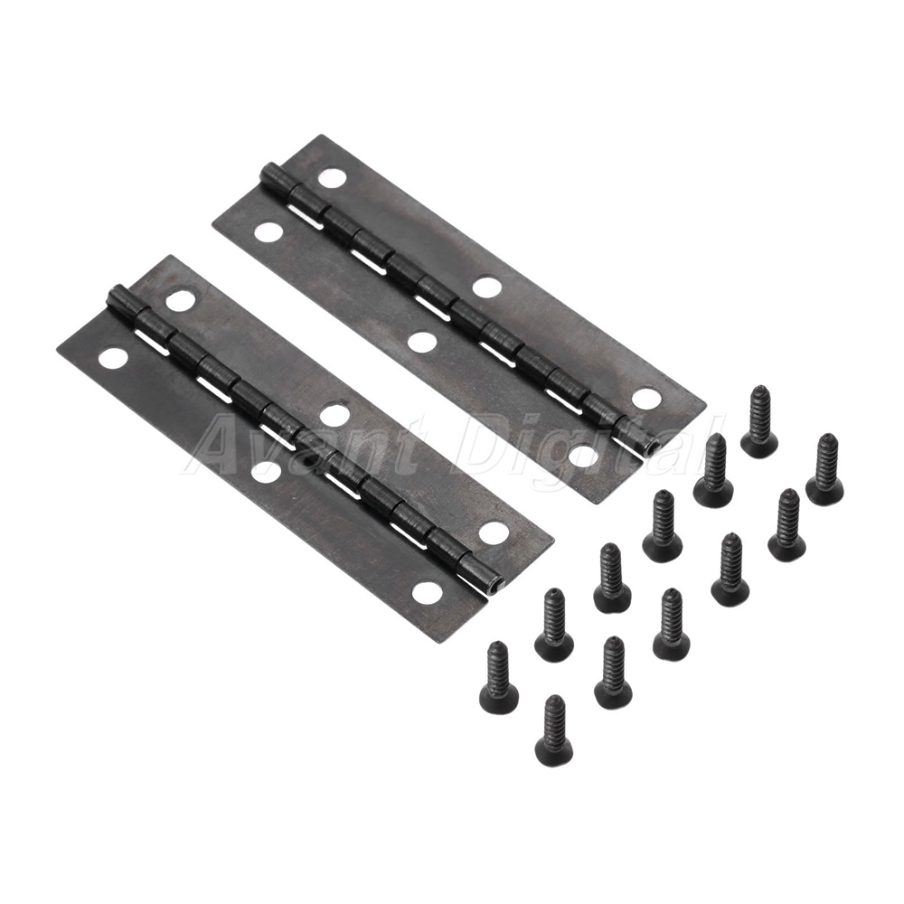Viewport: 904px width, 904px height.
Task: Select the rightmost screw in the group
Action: tap(824, 467)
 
